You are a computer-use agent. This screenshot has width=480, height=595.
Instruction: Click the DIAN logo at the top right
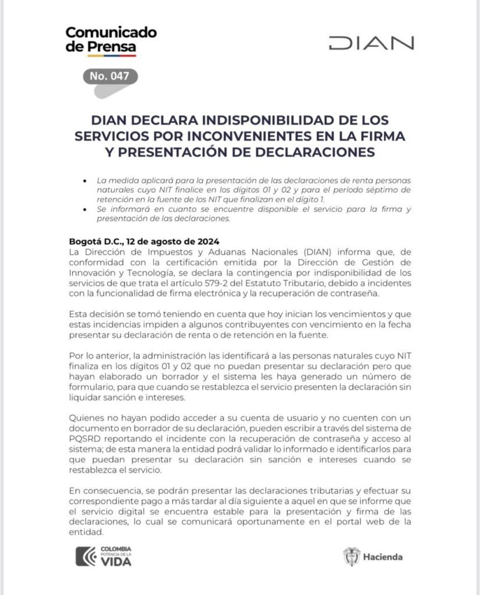point(371,43)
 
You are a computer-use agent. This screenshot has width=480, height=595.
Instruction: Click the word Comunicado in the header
point(110,33)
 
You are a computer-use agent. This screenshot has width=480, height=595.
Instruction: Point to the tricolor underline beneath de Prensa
point(101,55)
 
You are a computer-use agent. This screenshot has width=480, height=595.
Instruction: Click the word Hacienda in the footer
point(383,557)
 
